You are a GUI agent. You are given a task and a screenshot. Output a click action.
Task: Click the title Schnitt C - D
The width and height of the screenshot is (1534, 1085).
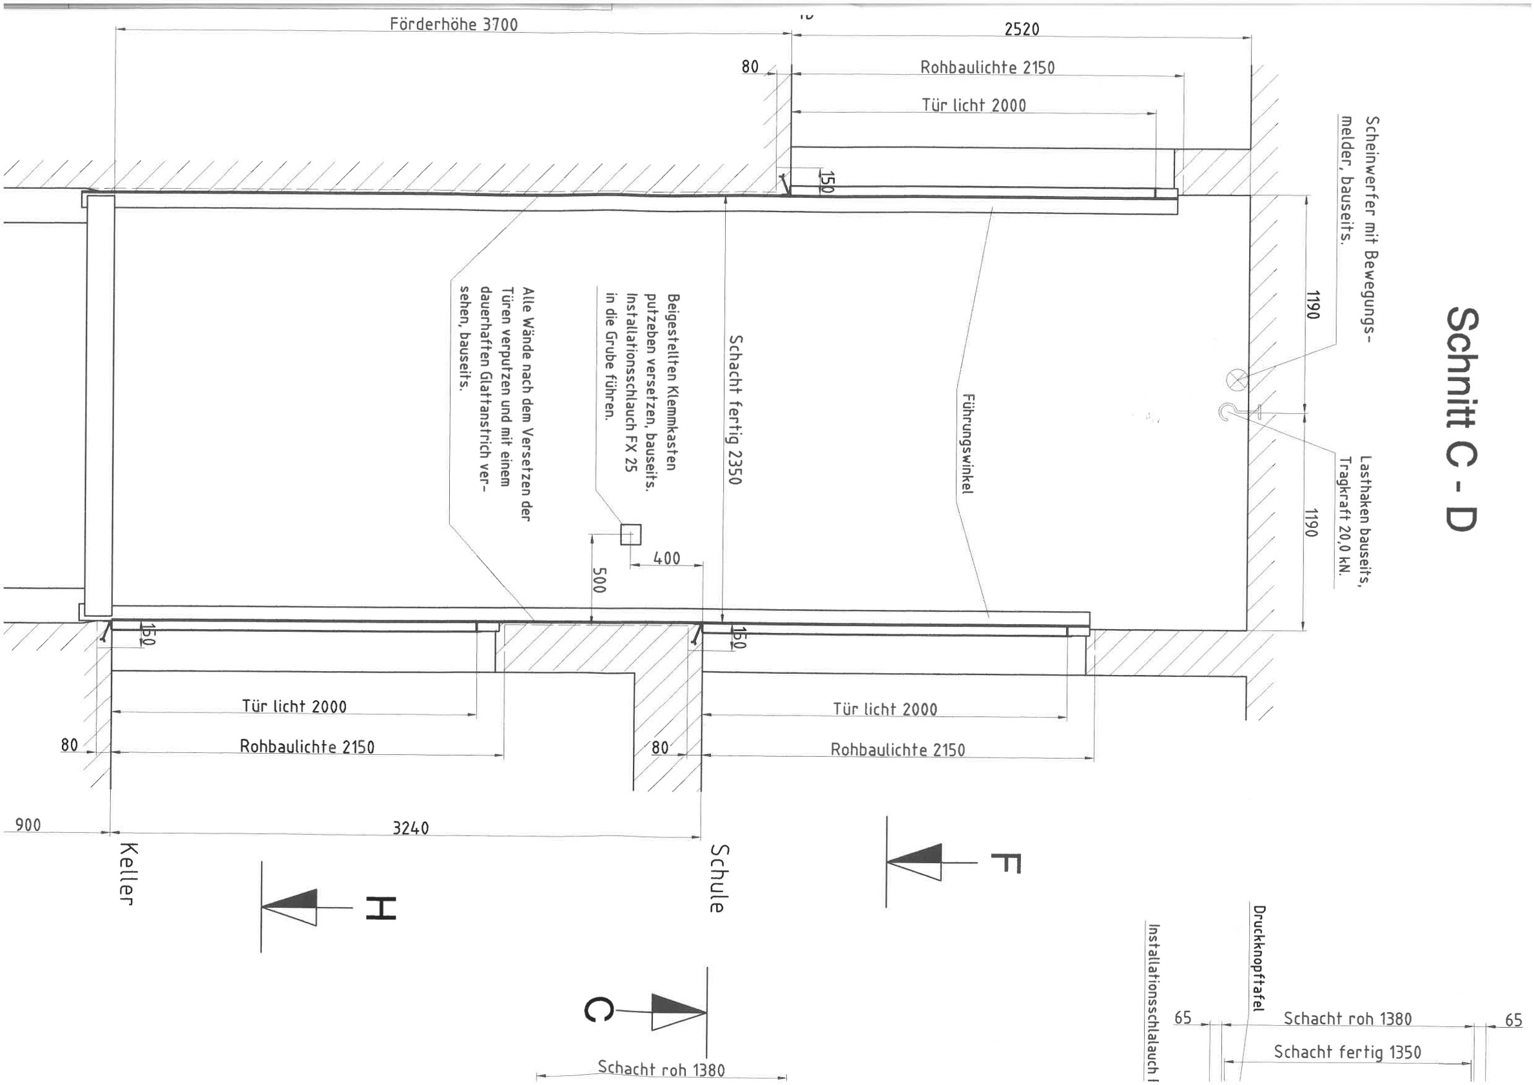1462,419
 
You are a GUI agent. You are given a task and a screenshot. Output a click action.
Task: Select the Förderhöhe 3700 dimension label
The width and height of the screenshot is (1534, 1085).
454,24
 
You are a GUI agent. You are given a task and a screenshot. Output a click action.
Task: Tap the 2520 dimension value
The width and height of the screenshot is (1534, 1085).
1022,30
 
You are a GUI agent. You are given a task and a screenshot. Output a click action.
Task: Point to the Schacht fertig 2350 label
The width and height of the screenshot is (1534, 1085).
735,409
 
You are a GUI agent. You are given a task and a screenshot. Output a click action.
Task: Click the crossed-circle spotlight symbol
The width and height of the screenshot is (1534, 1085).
1237,380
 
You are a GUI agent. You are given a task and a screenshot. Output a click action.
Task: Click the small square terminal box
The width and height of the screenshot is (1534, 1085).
631,534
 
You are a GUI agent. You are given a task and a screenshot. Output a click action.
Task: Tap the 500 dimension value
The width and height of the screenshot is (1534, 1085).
599,580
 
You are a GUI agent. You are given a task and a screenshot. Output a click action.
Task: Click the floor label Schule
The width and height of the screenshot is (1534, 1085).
717,878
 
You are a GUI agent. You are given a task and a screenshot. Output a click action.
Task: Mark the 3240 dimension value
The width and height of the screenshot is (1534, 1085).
410,828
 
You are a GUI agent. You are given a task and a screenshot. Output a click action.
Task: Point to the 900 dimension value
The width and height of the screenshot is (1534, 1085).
28,825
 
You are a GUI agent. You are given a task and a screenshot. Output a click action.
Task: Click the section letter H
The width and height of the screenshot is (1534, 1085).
381,908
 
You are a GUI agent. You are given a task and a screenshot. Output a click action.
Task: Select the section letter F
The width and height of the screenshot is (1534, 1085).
1005,863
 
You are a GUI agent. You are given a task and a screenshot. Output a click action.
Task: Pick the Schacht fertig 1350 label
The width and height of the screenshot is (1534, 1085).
1347,1052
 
